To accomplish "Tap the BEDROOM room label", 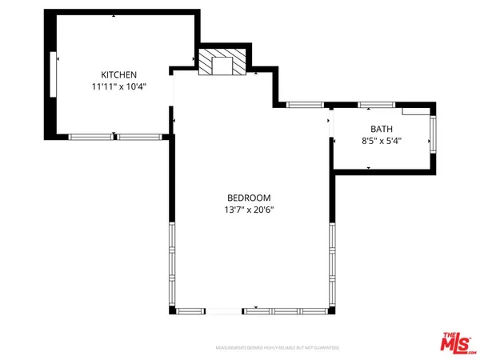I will tap(249, 198).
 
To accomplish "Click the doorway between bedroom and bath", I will tap(330, 126).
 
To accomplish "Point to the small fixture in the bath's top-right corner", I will tap(414, 113).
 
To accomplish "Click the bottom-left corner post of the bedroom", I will tap(170, 310).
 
